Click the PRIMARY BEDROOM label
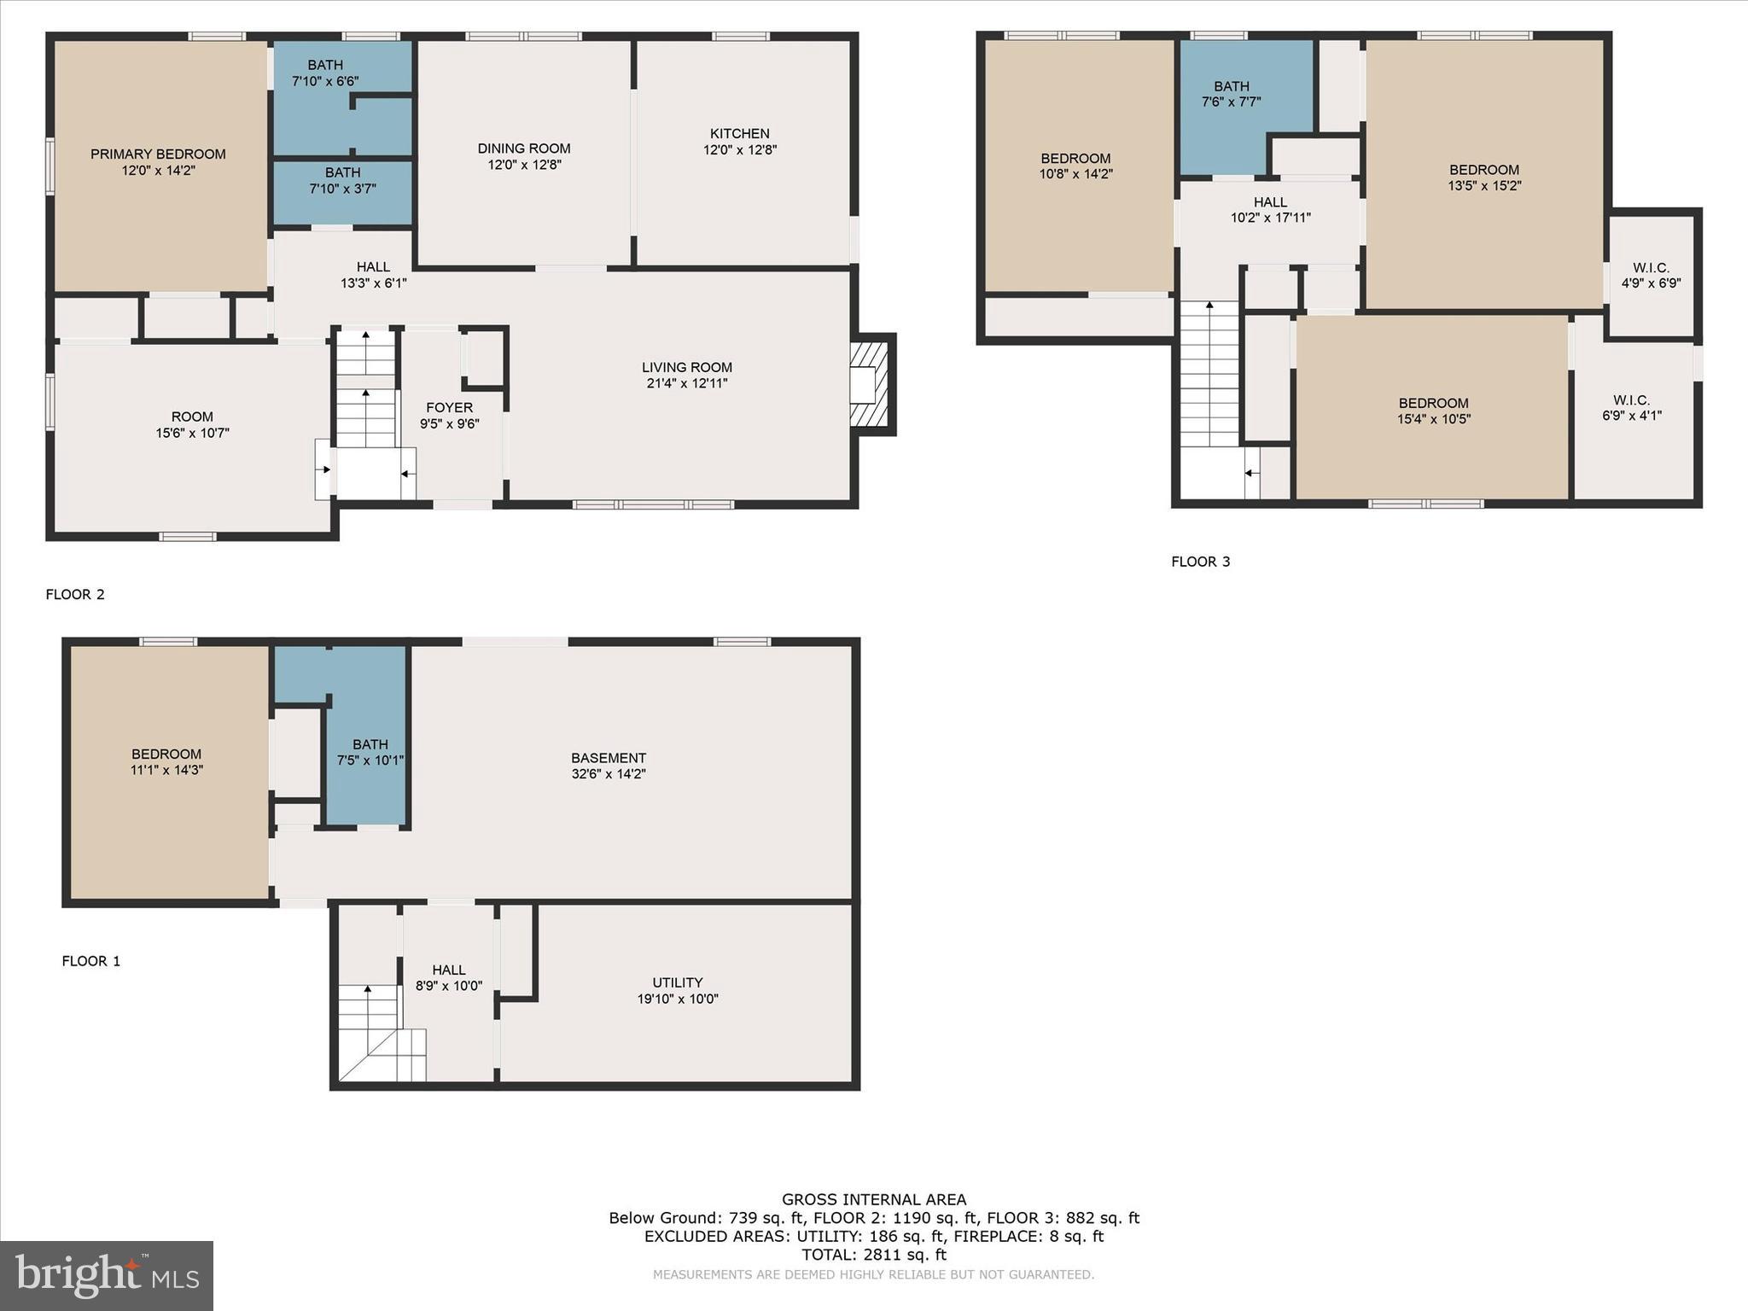click(158, 154)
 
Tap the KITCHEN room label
click(739, 134)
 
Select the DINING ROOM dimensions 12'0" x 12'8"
click(524, 165)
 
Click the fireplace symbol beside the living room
click(871, 384)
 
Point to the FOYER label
click(449, 408)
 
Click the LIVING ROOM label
click(687, 368)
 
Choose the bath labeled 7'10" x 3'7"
click(342, 180)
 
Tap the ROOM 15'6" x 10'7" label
click(192, 424)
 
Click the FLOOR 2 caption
click(75, 594)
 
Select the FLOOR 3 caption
click(1200, 562)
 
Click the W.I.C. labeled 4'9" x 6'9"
click(1651, 275)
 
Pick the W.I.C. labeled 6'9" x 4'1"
click(1631, 408)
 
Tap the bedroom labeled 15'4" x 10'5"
click(1433, 411)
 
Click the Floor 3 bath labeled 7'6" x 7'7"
click(1231, 94)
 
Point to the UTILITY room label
click(677, 982)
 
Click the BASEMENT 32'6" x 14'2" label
click(609, 766)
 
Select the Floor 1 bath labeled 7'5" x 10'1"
click(370, 752)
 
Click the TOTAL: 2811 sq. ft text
click(873, 1255)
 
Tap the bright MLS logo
click(107, 1275)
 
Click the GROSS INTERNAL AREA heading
click(873, 1199)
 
